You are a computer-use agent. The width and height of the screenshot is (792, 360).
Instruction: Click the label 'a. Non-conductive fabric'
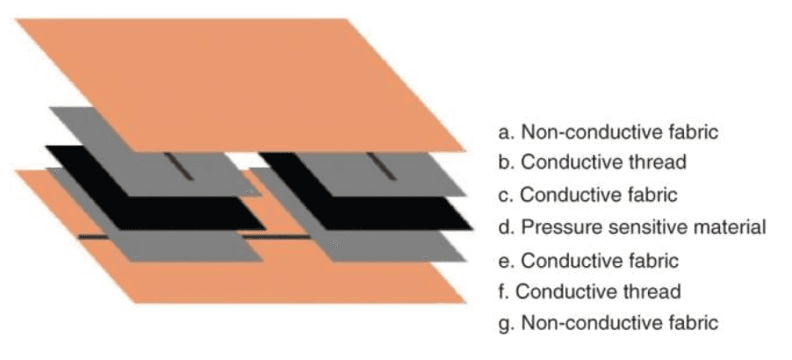(x=608, y=133)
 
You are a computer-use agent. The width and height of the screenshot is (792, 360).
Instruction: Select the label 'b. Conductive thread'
(x=593, y=162)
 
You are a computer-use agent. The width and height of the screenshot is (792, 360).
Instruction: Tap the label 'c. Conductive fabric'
(x=588, y=194)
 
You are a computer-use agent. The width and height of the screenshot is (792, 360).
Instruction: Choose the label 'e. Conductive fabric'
(x=588, y=261)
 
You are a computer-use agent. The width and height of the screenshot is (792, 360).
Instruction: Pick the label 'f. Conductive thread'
(x=589, y=292)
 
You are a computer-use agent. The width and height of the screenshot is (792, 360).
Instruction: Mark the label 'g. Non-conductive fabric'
(x=608, y=322)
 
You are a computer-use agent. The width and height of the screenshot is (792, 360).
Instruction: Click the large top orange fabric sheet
(x=240, y=85)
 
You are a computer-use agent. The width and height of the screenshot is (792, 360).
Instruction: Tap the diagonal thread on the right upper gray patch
(x=381, y=166)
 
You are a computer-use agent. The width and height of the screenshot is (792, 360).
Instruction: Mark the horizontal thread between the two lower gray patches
(x=277, y=236)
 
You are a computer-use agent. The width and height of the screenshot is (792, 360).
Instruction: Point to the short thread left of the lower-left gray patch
(x=93, y=236)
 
